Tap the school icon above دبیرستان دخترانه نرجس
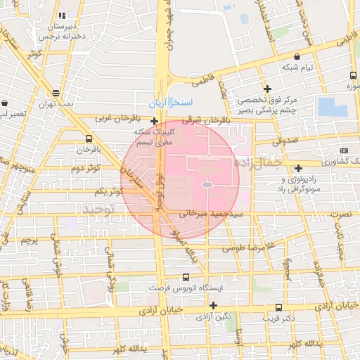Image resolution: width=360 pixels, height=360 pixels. click(62, 15)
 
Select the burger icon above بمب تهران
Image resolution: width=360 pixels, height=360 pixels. click(56, 92)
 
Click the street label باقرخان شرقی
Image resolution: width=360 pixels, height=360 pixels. click(192, 120)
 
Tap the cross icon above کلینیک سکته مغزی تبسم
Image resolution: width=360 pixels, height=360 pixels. click(154, 121)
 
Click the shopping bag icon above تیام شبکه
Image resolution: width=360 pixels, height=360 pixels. click(298, 56)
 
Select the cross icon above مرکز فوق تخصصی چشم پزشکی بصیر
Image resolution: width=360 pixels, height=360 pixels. click(267, 89)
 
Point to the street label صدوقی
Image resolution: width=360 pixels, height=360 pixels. click(285, 141)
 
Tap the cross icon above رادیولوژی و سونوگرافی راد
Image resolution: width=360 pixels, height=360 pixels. click(299, 168)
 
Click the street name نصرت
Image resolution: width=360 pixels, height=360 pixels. click(340, 212)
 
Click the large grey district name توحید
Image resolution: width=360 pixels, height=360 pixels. click(99, 210)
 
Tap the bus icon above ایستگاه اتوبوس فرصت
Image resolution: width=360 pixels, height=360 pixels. click(186, 278)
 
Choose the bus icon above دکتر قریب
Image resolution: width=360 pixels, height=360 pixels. click(279, 307)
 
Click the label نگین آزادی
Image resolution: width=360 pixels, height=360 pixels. click(214, 316)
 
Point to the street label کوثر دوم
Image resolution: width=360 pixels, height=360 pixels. click(86, 169)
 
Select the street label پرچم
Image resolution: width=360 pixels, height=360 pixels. click(29, 240)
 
